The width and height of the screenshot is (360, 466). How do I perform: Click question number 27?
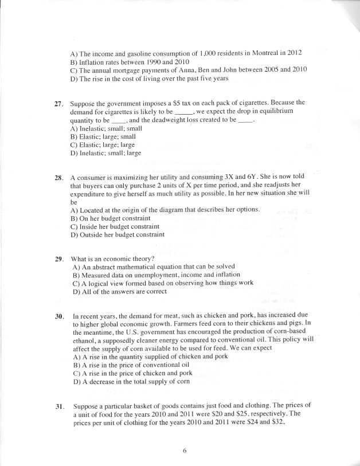click(x=58, y=103)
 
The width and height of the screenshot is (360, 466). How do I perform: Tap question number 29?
click(x=58, y=259)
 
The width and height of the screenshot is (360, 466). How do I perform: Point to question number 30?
click(x=58, y=316)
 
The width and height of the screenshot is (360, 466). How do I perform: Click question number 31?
click(x=58, y=406)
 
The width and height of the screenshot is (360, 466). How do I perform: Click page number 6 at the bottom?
click(x=185, y=451)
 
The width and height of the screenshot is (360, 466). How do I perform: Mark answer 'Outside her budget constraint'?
click(x=117, y=234)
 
